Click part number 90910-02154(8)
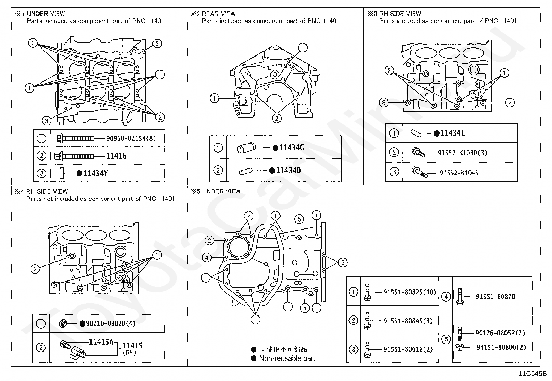[131, 138]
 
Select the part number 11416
[116, 156]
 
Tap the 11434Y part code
[96, 173]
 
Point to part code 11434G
[292, 148]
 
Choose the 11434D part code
[288, 170]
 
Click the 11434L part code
[452, 133]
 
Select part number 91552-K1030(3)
[463, 153]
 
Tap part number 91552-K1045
[459, 173]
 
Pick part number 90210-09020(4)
[111, 323]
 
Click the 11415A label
[101, 342]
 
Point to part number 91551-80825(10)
[410, 292]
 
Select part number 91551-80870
[495, 296]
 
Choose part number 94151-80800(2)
[501, 347]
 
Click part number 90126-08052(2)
[500, 333]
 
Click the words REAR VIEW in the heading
[219, 14]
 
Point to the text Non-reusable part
[287, 358]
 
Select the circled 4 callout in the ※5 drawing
[207, 258]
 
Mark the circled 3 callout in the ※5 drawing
[343, 262]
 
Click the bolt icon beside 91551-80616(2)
[367, 349]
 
